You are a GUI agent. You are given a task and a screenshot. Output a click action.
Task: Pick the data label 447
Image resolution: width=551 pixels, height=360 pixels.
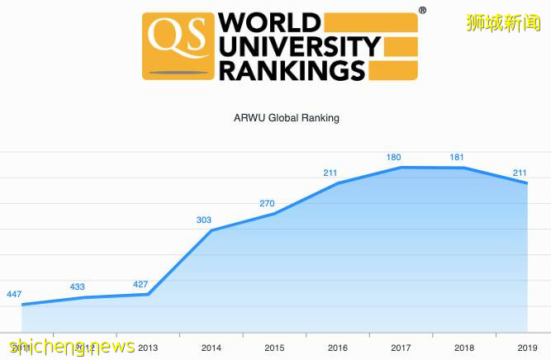(x=14, y=295)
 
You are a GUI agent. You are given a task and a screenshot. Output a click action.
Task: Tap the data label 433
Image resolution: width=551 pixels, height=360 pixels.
(x=78, y=287)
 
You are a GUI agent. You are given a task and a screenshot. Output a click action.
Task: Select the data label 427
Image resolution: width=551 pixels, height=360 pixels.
(x=141, y=285)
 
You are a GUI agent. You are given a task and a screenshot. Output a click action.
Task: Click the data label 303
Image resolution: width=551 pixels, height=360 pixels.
(x=204, y=220)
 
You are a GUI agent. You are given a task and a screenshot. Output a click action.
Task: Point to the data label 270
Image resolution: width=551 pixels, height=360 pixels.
(x=268, y=203)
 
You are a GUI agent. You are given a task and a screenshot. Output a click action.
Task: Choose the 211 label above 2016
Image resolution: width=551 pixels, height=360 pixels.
(x=331, y=173)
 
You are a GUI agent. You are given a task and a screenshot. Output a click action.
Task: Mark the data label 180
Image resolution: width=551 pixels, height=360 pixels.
(x=394, y=157)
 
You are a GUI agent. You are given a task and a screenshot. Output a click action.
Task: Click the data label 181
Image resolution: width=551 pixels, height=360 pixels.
(x=458, y=158)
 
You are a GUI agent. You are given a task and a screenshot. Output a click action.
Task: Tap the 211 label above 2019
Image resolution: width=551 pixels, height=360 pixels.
(x=521, y=173)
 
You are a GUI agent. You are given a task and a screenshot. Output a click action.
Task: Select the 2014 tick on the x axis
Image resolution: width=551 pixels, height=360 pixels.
(x=211, y=348)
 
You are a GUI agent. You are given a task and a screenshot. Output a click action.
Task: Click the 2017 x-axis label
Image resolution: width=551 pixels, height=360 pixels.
(x=401, y=348)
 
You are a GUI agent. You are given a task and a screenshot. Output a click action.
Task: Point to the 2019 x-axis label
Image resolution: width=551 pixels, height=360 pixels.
(x=527, y=348)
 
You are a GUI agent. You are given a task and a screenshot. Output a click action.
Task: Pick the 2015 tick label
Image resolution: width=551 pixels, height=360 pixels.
(x=274, y=348)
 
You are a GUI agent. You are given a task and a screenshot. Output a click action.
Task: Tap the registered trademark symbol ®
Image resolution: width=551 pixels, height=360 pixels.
(x=422, y=11)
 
